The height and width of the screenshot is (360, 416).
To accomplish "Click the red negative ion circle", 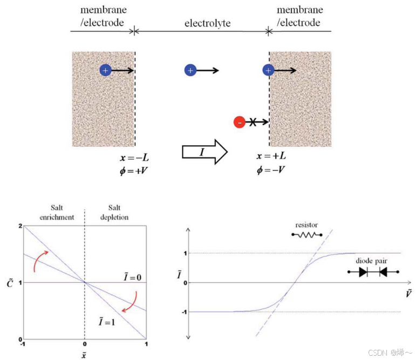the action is point(239,123).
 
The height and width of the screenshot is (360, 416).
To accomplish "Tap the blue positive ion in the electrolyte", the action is point(189,70).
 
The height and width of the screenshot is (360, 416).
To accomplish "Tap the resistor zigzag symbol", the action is point(306,235).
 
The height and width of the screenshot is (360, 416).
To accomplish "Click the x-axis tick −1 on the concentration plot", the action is point(22,344).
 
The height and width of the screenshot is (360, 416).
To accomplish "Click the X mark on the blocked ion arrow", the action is point(253,123).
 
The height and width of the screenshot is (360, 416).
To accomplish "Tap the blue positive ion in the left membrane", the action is point(105,70).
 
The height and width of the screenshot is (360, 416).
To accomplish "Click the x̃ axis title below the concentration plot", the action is point(84,354).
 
